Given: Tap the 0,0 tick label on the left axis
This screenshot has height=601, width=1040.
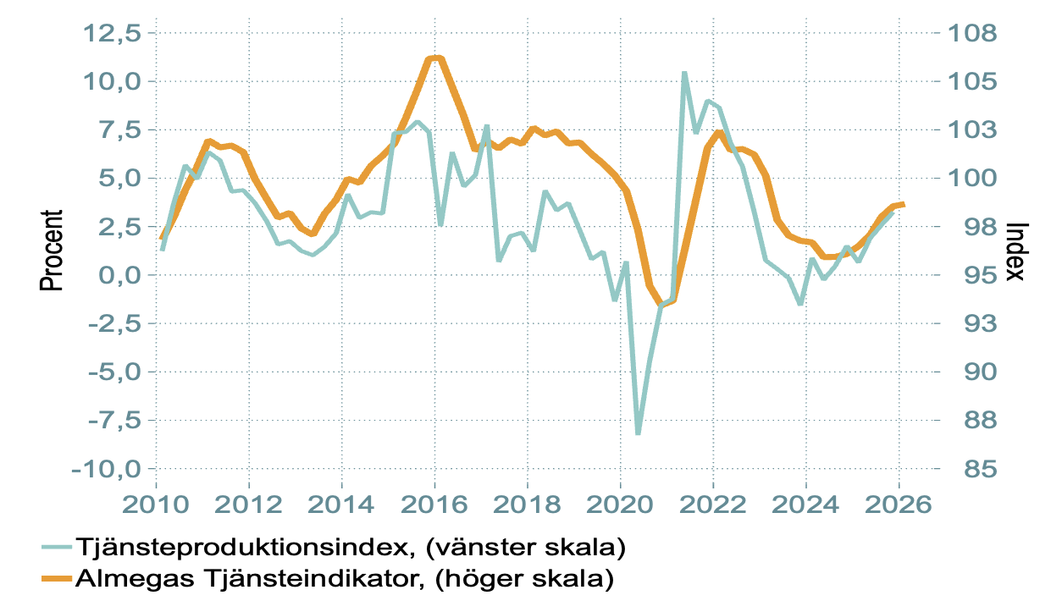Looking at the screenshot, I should click(119, 275).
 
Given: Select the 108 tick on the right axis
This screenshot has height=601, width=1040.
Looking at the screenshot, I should click(971, 34).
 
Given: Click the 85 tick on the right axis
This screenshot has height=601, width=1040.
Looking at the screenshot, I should click(965, 469).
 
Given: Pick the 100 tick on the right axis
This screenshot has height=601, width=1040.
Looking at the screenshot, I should click(971, 179).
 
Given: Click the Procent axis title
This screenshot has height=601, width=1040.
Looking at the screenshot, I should click(53, 251).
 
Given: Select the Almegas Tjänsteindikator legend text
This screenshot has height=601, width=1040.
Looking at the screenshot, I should click(344, 579).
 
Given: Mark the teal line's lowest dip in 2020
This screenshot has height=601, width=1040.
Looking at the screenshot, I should click(638, 433).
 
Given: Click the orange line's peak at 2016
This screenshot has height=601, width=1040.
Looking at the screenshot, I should click(435, 58).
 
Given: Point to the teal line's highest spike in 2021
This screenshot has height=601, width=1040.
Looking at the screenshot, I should click(684, 73).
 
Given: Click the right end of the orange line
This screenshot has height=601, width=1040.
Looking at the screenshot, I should click(904, 204).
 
